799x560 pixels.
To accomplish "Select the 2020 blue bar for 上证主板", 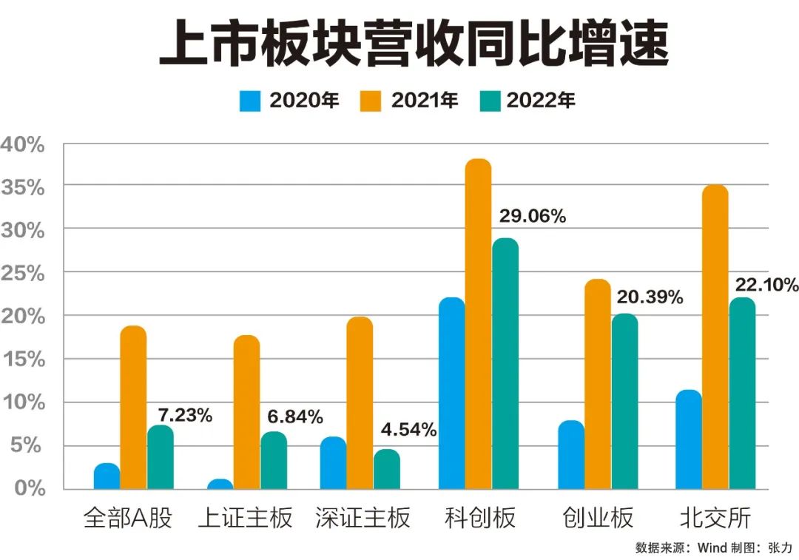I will coord(220,485).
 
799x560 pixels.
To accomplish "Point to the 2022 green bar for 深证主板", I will coord(386,469).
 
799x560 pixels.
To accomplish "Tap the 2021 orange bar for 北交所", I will coord(715,337).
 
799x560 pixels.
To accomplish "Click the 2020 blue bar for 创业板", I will coord(571,454).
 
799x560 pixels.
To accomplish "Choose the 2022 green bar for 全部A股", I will coord(161,457).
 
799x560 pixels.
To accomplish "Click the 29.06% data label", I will coord(532,217).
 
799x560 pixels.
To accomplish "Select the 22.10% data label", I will coord(766,285).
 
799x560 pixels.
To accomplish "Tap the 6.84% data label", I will coord(295,417).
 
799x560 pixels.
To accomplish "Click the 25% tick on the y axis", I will coord(24,274).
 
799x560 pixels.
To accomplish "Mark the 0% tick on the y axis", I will coord(30,488).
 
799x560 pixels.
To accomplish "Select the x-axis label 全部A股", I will coord(128,518).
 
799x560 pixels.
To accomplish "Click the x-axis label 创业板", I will coord(598,518).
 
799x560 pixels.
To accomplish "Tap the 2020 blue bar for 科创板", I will coord(451,393).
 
